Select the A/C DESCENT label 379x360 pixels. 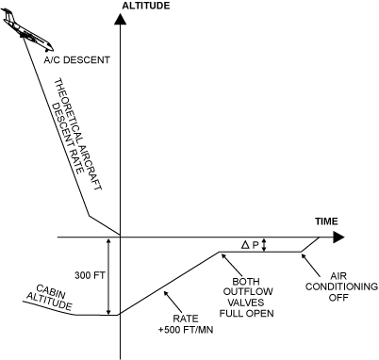(76, 59)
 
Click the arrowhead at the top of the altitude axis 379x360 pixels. (121, 18)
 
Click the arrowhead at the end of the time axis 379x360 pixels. (338, 237)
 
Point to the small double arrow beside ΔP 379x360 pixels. (265, 245)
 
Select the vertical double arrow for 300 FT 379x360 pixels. (110, 275)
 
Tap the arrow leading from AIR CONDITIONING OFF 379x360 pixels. (310, 260)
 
